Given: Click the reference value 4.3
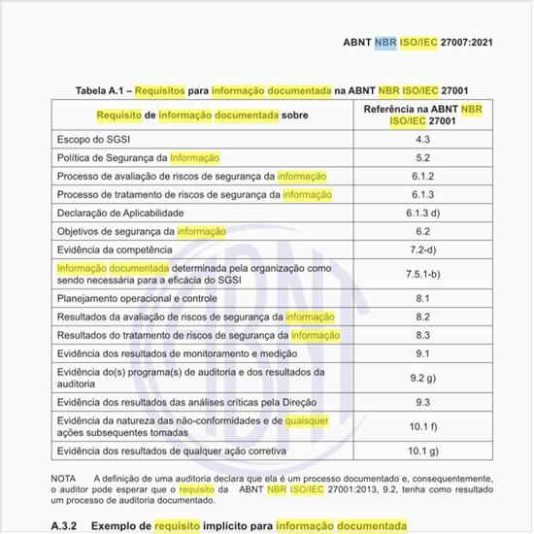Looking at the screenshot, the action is (x=422, y=140).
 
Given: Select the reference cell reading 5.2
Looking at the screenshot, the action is (x=422, y=157).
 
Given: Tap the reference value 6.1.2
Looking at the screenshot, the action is (x=422, y=177).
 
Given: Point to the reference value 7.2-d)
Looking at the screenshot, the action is (x=422, y=250).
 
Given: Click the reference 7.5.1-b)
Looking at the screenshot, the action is (x=422, y=275).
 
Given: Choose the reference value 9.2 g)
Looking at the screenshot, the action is (x=422, y=378).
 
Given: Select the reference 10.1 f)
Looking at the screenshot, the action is (x=422, y=426).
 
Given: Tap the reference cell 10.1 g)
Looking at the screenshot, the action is (x=422, y=451).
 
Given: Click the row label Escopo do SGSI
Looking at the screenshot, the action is (x=96, y=140).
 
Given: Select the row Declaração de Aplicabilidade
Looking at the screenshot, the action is (x=121, y=214).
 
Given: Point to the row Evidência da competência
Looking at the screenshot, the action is (x=117, y=250).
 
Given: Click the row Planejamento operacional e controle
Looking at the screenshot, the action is (x=137, y=299).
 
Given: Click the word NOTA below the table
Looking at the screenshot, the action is (x=64, y=479).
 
